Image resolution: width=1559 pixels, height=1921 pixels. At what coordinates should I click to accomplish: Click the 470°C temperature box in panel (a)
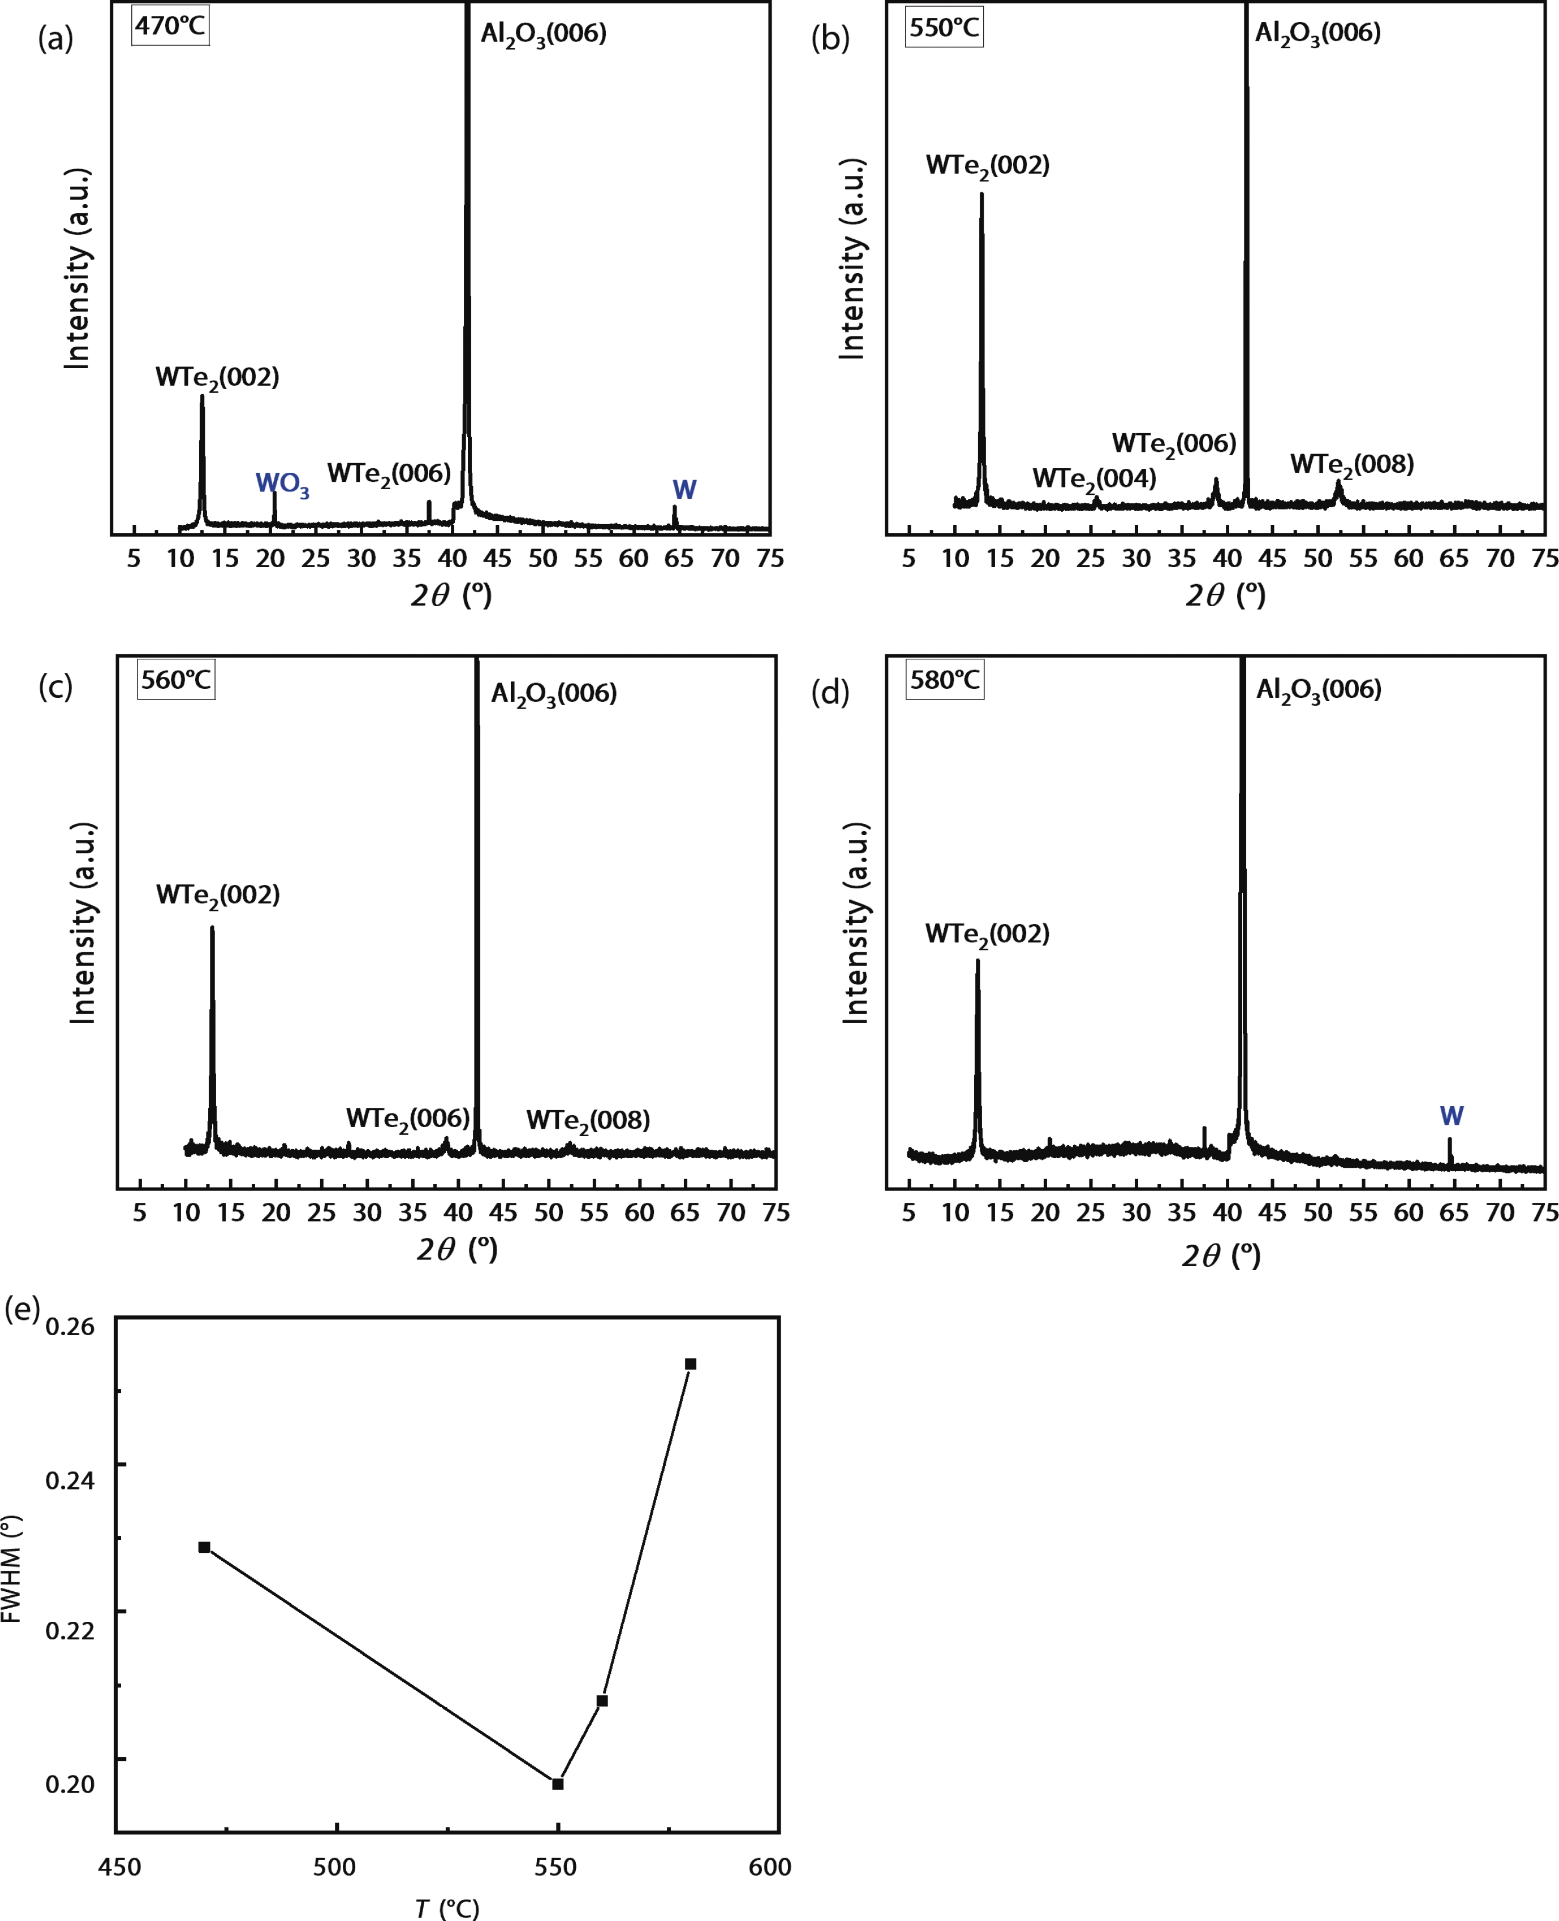point(171,26)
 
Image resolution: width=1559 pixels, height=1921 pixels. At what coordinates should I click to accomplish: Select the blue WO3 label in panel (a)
point(282,485)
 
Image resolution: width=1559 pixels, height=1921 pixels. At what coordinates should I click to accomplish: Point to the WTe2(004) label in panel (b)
point(1094,480)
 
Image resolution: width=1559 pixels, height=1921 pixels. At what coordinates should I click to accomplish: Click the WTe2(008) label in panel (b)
point(1351,465)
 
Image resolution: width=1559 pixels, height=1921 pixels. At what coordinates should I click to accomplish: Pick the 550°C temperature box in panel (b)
point(944,28)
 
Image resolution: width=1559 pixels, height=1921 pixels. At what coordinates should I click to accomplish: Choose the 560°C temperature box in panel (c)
point(176,680)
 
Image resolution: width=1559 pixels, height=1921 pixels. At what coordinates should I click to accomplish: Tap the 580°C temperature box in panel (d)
point(945,680)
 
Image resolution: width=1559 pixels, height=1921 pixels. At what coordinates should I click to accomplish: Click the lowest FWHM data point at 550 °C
point(558,1784)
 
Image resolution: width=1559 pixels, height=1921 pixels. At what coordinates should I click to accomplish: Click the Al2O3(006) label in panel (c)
point(553,694)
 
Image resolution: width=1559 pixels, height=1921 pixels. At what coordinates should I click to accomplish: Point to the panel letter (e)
point(23,1308)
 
